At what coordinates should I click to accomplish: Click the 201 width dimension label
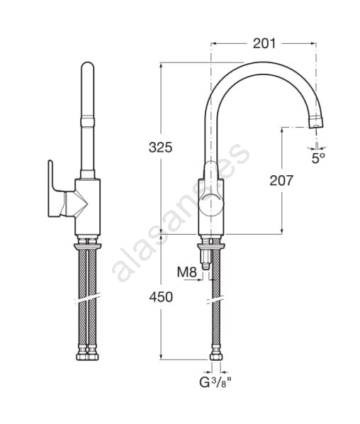[x=264, y=43]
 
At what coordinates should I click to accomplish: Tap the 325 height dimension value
[x=160, y=147]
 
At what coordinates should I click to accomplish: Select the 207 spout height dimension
[x=281, y=181]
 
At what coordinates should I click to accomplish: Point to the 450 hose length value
[x=161, y=297]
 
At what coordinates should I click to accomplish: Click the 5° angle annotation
[x=318, y=158]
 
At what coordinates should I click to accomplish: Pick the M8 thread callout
[x=187, y=272]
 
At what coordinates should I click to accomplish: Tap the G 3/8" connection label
[x=215, y=382]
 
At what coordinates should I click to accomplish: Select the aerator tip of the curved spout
[x=317, y=122]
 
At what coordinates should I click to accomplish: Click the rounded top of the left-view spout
[x=88, y=67]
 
